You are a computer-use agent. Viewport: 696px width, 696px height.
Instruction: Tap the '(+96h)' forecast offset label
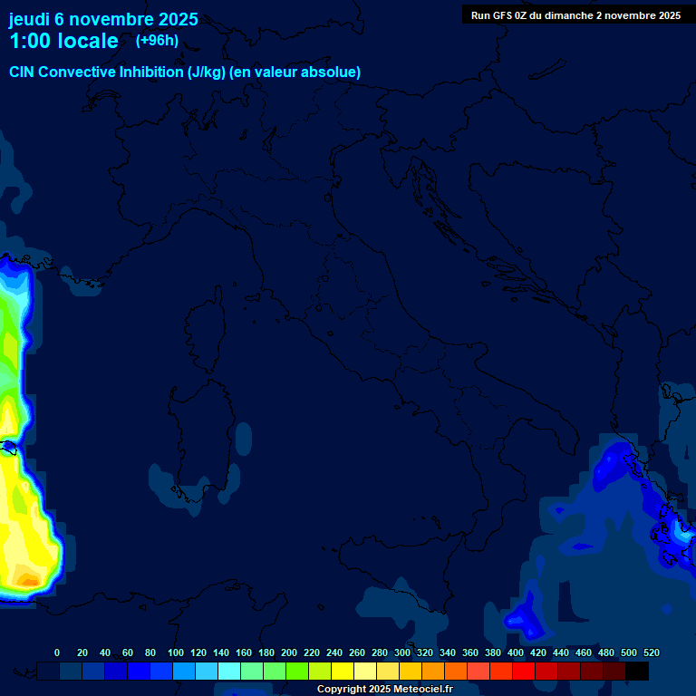[157, 40]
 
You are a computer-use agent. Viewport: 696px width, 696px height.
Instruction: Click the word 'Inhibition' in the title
[152, 72]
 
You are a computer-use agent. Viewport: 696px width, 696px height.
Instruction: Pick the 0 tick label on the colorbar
[57, 652]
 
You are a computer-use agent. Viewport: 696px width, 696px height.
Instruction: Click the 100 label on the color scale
[176, 652]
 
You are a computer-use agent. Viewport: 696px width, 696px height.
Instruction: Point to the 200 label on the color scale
[289, 652]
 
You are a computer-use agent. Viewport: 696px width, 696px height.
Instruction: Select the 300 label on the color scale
[402, 652]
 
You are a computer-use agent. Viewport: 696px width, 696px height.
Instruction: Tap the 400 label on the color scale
[516, 652]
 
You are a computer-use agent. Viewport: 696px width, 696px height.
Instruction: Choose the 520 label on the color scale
[651, 652]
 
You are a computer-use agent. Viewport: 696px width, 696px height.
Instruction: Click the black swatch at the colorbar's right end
[637, 672]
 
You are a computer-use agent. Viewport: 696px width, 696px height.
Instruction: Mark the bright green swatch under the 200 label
[297, 672]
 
